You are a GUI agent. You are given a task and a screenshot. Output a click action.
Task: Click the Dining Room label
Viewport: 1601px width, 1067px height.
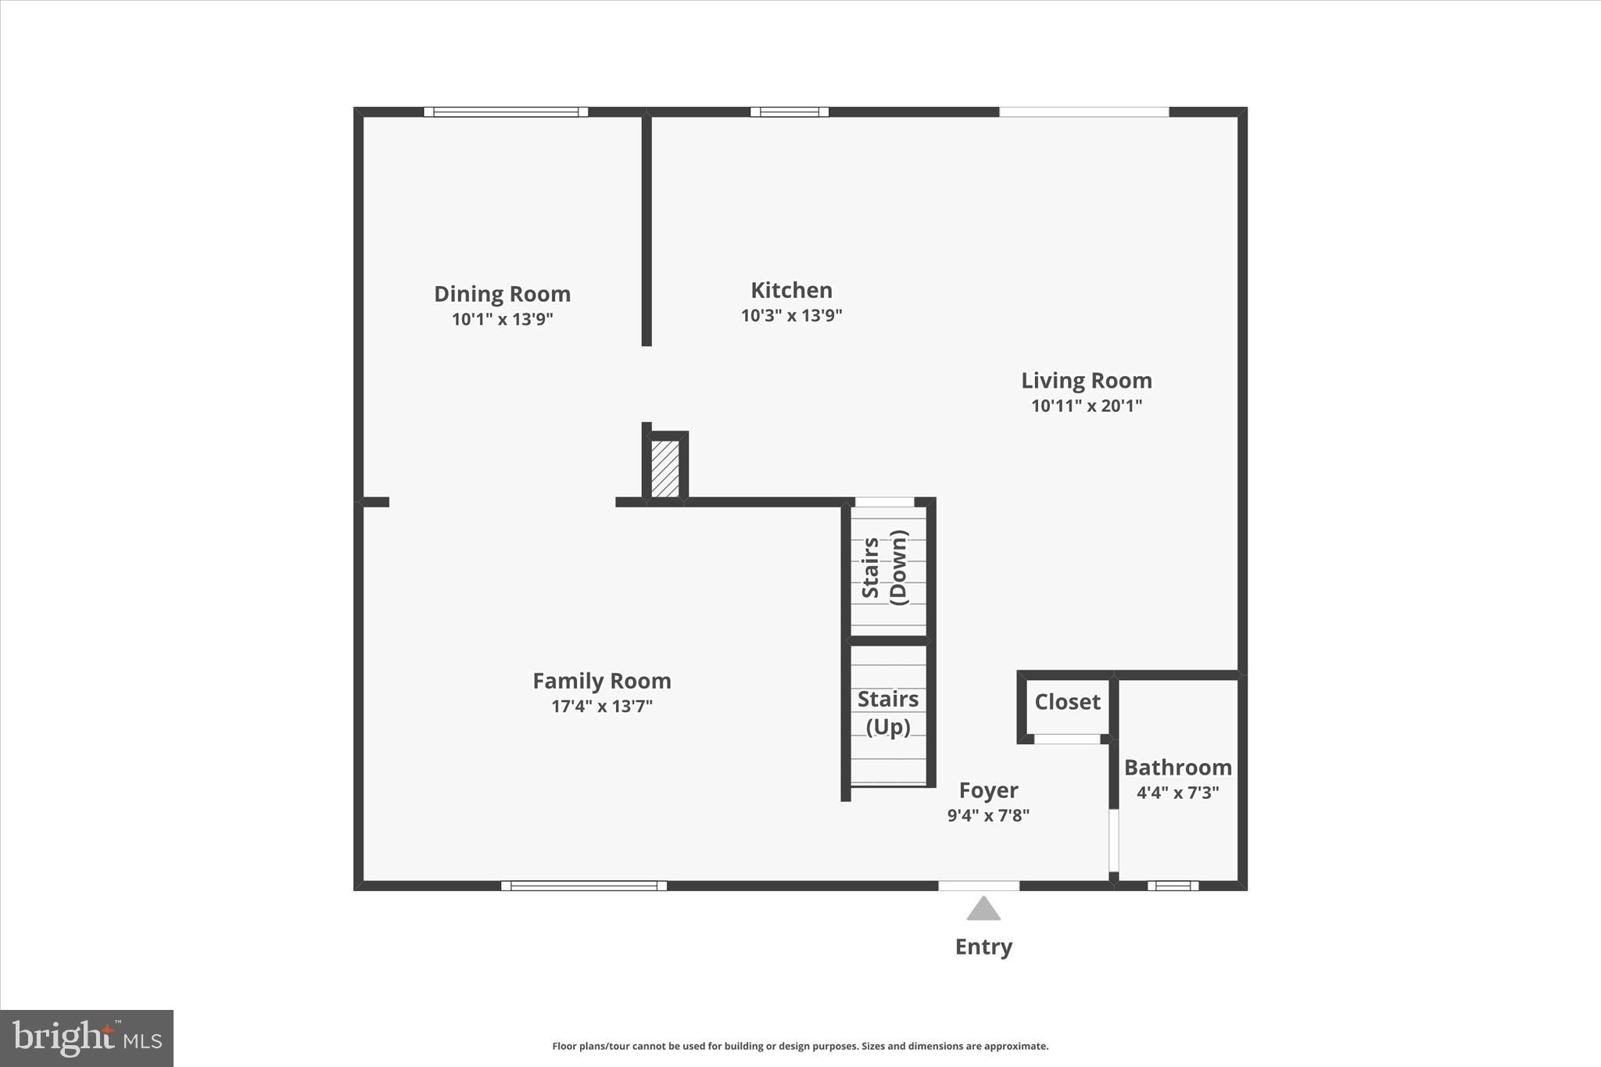(x=502, y=294)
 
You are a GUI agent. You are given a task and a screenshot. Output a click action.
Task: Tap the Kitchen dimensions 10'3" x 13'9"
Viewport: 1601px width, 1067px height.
(x=791, y=316)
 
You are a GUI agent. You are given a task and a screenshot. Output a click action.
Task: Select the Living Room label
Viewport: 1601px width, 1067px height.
(x=1086, y=381)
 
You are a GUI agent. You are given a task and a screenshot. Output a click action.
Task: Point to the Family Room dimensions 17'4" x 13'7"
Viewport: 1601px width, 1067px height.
(x=601, y=707)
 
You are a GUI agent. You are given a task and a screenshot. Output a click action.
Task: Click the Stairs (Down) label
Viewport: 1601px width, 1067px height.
(x=886, y=568)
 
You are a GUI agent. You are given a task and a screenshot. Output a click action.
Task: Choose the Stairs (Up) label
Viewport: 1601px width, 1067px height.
(x=888, y=712)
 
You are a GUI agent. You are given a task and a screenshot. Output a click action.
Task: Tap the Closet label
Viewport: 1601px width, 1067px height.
(x=1067, y=702)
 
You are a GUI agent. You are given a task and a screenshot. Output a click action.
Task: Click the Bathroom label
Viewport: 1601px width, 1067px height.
(x=1177, y=768)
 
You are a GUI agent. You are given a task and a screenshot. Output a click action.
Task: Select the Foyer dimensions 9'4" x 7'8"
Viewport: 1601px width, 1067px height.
(x=988, y=816)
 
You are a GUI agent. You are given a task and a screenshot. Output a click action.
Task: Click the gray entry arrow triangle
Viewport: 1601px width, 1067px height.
(x=983, y=910)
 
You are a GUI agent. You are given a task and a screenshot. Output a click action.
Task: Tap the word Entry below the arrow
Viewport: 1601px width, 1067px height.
(x=983, y=947)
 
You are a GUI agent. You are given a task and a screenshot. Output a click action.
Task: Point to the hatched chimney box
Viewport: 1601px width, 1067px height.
(x=665, y=468)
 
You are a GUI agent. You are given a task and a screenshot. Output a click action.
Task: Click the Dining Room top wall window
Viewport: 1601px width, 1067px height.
(x=506, y=112)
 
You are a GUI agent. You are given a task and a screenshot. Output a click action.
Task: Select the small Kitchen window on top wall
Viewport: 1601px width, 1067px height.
(x=790, y=112)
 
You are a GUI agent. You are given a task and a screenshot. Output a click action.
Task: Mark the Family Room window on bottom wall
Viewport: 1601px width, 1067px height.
(x=584, y=886)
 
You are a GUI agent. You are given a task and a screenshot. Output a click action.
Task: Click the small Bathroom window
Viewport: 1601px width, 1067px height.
(x=1173, y=886)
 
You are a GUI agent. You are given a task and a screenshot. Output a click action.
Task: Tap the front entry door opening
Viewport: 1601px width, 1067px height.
(x=979, y=886)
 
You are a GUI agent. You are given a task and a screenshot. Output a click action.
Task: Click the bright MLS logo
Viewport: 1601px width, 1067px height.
(x=87, y=1038)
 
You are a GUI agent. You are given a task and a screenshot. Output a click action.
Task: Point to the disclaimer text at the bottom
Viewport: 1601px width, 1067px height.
(x=800, y=1046)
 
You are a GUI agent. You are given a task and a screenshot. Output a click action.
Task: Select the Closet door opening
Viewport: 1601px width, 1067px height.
(x=1067, y=739)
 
